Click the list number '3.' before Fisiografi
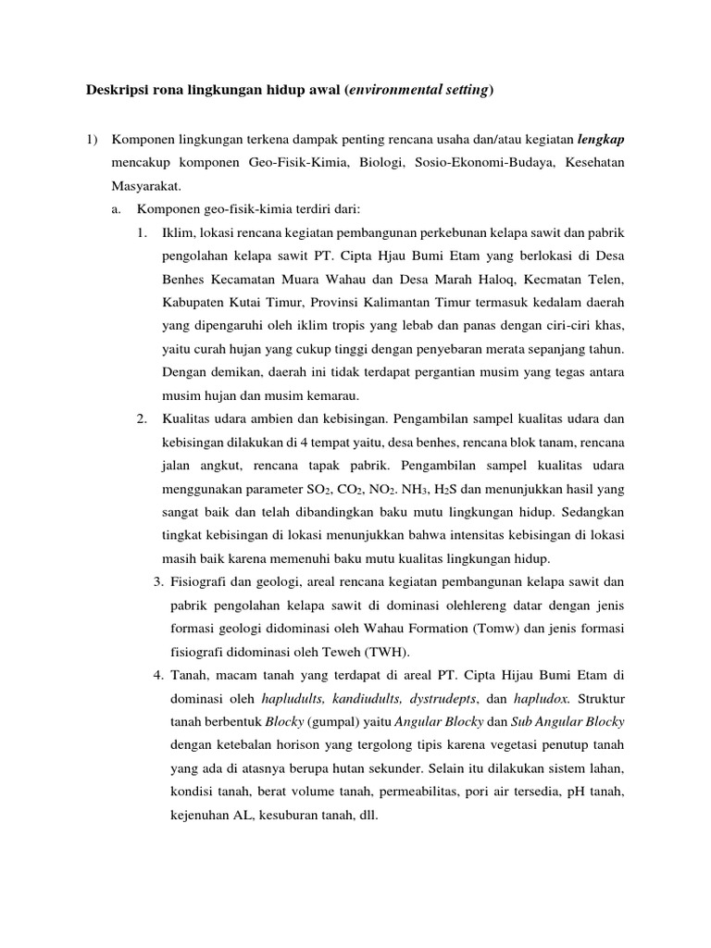coord(158,581)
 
